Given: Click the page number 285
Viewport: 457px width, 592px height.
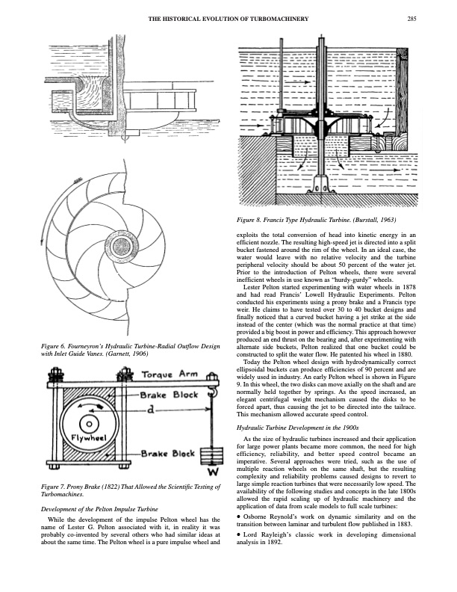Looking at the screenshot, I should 411,19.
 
